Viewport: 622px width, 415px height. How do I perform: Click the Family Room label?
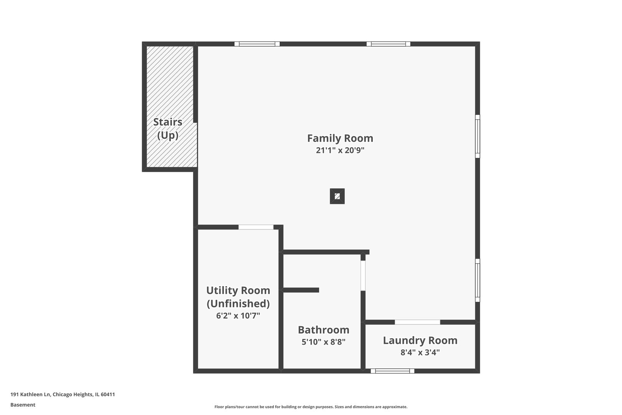pos(340,138)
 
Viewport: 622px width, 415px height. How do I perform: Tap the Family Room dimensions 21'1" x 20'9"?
pos(340,150)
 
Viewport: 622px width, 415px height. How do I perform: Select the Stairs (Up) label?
pos(168,129)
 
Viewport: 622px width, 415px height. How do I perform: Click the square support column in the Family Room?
pos(337,196)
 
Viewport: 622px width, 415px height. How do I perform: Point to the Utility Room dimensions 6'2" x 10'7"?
pos(238,316)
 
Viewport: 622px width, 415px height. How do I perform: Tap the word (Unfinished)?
pos(238,304)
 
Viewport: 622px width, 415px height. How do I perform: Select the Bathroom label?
pos(323,330)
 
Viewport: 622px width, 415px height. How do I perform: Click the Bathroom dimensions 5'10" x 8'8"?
pos(323,342)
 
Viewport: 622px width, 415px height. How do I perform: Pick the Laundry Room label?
pos(420,340)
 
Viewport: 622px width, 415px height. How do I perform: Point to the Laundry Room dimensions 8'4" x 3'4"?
pos(420,352)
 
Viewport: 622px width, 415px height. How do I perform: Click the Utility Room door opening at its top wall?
pos(256,227)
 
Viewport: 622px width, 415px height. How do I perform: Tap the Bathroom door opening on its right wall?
pos(363,276)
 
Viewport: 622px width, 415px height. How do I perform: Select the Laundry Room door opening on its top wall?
pos(417,322)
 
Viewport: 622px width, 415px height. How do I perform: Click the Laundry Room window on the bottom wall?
pos(392,371)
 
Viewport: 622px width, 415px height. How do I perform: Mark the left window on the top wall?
pos(257,44)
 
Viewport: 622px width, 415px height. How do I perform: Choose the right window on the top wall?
pos(389,44)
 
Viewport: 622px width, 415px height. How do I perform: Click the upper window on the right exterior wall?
pos(478,136)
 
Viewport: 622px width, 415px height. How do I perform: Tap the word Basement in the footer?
pos(23,405)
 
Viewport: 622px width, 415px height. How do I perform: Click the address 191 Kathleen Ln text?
pos(31,394)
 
